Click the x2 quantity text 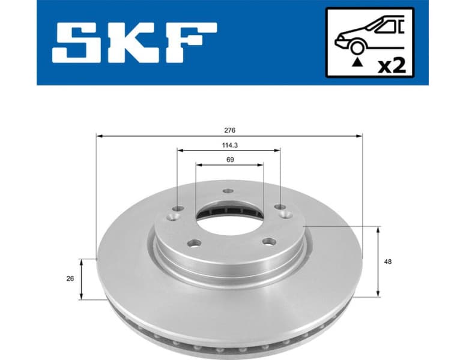(392, 64)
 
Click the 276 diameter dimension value (229, 130)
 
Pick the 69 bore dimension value (229, 160)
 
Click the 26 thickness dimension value (70, 278)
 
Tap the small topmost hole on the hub (227, 191)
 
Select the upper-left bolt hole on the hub (177, 209)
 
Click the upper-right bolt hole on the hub (280, 207)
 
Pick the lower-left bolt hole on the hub (192, 242)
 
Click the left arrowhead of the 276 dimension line (99, 136)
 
